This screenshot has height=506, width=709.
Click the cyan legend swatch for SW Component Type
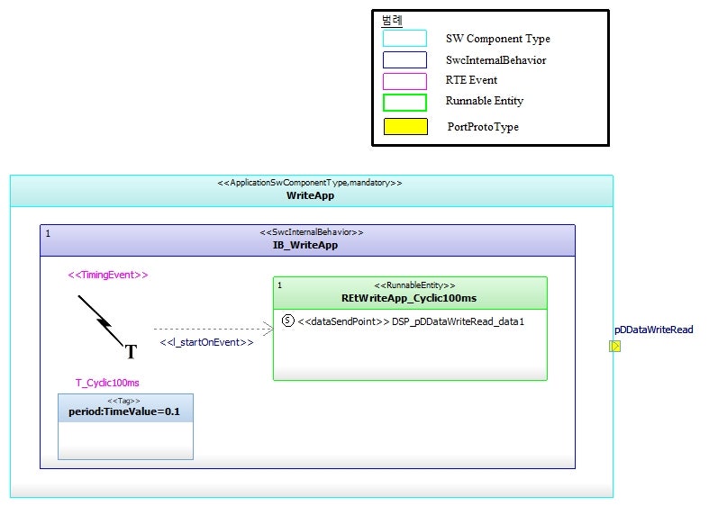point(404,39)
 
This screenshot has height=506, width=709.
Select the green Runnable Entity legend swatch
point(404,102)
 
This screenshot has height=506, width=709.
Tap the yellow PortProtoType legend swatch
point(405,127)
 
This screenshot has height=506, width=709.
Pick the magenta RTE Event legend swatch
point(404,81)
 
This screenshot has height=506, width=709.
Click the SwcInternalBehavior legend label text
point(495,60)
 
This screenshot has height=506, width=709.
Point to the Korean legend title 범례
point(392,21)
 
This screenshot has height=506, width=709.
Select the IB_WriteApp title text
point(305,245)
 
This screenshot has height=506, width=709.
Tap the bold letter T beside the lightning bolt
point(130,352)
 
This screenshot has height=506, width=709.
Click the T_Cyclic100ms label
point(107,383)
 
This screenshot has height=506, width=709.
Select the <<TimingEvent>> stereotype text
point(108,275)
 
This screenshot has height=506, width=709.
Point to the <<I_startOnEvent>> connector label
point(206,343)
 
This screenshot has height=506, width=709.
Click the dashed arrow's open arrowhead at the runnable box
point(268,330)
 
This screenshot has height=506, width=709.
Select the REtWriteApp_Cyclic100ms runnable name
point(409,298)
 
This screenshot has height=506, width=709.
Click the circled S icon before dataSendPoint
point(288,321)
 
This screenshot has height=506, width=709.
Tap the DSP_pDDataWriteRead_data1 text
point(458,321)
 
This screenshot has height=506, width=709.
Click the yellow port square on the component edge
point(614,346)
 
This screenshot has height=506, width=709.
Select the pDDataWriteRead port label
point(654,330)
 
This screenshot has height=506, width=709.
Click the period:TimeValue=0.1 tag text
point(125,412)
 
